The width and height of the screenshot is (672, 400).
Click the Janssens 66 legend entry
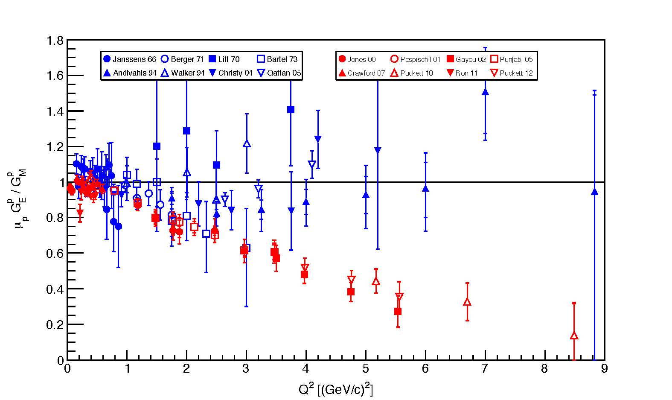(x=130, y=59)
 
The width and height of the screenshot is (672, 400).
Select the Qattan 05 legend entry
(x=279, y=73)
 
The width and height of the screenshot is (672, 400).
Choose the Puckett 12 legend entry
(x=512, y=73)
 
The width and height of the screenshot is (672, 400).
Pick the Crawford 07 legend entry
(x=362, y=73)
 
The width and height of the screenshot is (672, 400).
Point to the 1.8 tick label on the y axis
(x=55, y=41)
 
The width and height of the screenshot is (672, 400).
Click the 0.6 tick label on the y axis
(x=55, y=254)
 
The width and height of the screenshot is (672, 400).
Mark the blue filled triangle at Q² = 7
(x=485, y=92)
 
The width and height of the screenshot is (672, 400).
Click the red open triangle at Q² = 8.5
(x=574, y=336)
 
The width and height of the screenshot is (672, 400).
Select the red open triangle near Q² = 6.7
(x=467, y=302)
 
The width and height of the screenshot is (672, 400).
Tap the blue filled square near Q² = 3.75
(x=291, y=110)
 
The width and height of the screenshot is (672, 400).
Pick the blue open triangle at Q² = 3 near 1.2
(x=247, y=144)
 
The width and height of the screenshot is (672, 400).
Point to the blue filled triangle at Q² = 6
(x=425, y=188)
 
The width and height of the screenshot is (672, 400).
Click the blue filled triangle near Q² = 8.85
(x=594, y=192)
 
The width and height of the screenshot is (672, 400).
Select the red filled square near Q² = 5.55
(x=398, y=312)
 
